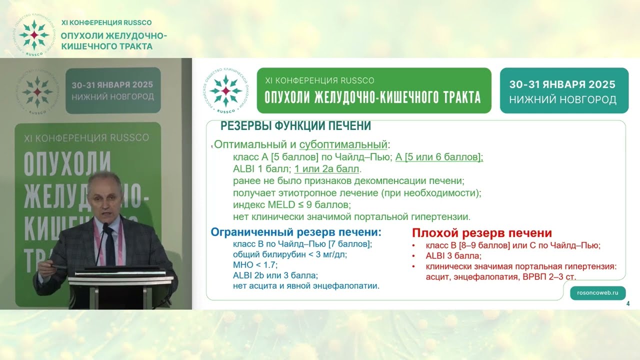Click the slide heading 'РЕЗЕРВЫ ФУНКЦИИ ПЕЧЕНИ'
click(x=295, y=126)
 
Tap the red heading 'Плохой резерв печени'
click(x=482, y=233)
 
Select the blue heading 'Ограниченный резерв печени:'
click(x=296, y=232)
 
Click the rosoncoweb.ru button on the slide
click(x=597, y=293)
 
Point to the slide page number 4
click(x=628, y=304)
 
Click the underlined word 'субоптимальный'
click(x=343, y=145)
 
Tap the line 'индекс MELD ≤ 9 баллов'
click(x=292, y=205)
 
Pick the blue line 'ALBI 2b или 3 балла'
click(x=275, y=275)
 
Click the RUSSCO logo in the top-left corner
click(x=34, y=35)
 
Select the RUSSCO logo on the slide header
click(x=226, y=90)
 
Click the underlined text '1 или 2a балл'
click(x=326, y=169)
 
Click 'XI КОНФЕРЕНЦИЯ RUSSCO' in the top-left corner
click(x=106, y=22)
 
